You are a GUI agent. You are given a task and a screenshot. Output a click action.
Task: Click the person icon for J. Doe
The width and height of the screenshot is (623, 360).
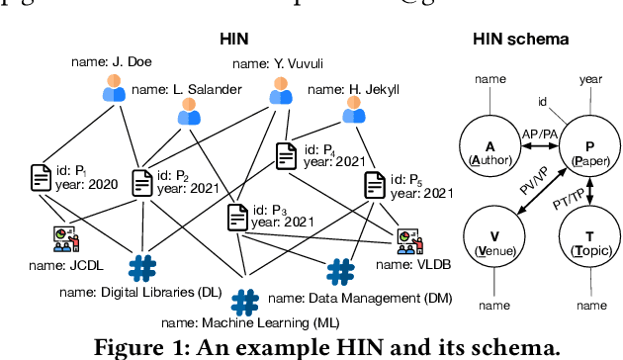coord(116,89)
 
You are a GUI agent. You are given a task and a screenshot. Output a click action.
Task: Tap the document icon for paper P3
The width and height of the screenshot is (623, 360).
coord(238,217)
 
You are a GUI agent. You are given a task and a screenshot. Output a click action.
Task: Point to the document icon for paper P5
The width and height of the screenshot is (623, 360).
coord(374,185)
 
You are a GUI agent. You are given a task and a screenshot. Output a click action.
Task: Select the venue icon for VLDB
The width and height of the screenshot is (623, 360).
coord(407,240)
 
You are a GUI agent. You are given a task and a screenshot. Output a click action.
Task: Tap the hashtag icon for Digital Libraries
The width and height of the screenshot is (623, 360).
coord(142,267)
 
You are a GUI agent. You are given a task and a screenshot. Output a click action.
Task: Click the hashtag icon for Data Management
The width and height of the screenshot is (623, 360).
coord(340,270)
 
